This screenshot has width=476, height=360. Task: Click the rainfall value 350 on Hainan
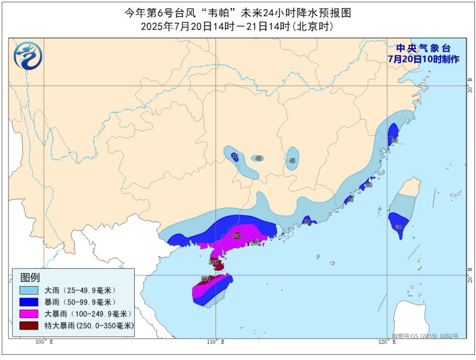[206, 279]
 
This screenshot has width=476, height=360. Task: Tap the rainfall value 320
[214, 263]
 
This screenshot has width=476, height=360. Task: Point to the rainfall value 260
[237, 236]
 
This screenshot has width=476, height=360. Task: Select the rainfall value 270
[255, 243]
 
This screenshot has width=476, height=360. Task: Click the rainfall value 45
[292, 161]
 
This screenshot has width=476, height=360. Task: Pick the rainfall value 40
[258, 158]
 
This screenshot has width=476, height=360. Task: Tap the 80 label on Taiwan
[398, 227]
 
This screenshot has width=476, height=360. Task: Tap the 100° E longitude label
[44, 342]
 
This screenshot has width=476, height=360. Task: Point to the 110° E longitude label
[215, 342]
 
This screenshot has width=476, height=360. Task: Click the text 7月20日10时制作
[423, 59]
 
